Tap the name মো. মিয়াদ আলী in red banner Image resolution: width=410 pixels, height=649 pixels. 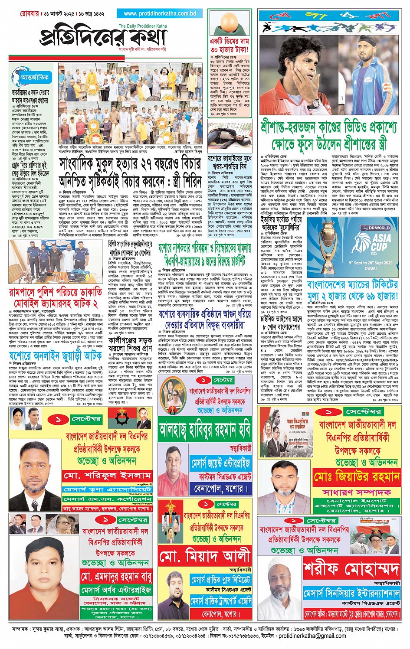[x=205, y=556]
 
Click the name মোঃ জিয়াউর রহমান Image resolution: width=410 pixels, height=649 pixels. [x=356, y=477]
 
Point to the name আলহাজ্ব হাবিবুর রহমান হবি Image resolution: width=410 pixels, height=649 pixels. [x=205, y=431]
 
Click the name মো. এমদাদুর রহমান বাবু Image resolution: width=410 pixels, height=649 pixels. [x=116, y=577]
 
